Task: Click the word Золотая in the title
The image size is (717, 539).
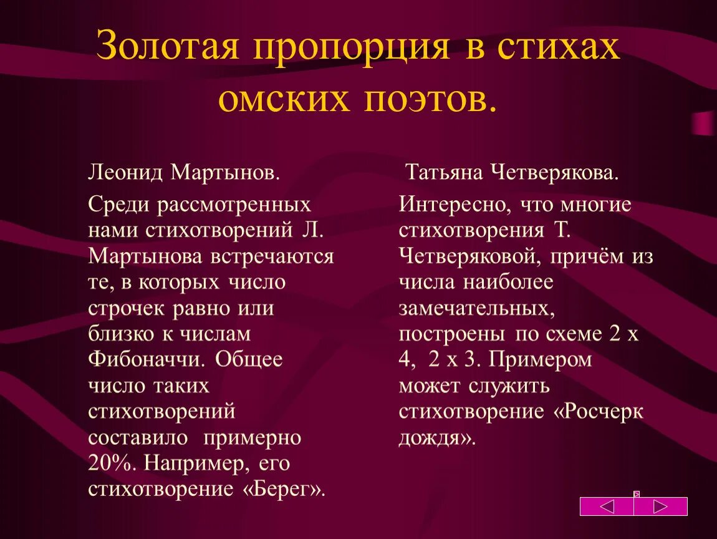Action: (x=168, y=47)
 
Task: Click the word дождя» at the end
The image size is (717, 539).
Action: (x=437, y=438)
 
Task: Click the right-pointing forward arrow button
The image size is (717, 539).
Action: (x=661, y=506)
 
